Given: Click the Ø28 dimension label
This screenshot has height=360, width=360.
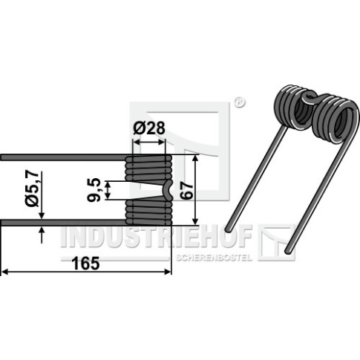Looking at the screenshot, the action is (149, 128).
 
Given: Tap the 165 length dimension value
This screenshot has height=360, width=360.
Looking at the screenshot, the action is (85, 264).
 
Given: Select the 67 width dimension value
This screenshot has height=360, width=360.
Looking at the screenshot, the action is (186, 190).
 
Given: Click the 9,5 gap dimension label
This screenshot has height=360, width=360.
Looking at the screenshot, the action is (94, 190).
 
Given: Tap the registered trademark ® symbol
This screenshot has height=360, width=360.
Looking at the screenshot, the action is (239, 102).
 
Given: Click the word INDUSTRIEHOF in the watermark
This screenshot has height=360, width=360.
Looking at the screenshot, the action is (157, 237).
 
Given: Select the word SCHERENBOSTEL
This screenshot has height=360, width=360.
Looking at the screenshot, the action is (214, 258).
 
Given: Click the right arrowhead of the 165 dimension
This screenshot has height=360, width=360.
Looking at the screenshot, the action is (168, 272).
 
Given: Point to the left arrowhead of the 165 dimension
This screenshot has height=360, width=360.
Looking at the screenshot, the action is (5, 272).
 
